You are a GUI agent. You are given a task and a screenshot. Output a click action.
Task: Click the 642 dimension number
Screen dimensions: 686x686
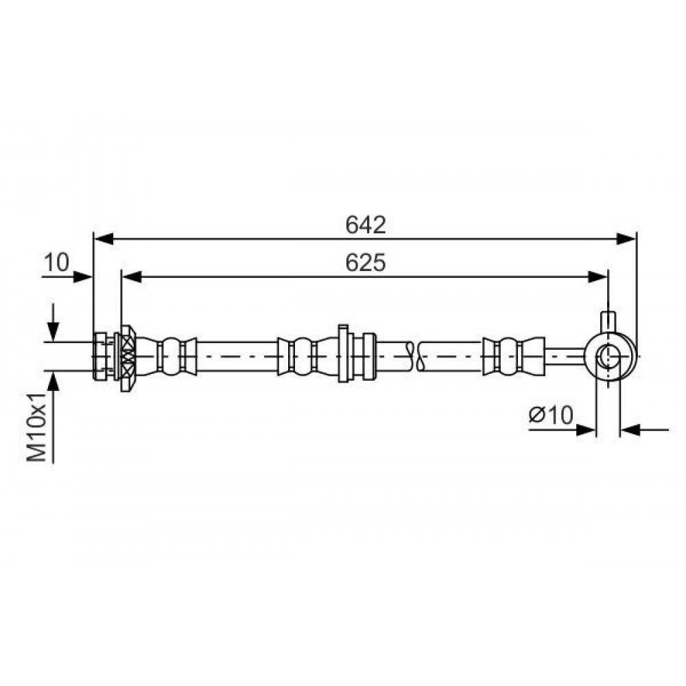pos(366,225)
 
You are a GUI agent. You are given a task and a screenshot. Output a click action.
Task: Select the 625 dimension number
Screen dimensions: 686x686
pos(366,263)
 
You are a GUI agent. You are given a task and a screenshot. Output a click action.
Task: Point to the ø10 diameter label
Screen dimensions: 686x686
pos(551,415)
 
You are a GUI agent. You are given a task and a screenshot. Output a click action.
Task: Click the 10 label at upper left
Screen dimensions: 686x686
pos(56,263)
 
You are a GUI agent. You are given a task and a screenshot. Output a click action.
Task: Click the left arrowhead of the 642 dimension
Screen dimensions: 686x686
pos(104,239)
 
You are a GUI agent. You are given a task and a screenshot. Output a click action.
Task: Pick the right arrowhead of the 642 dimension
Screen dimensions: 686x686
pos(626,239)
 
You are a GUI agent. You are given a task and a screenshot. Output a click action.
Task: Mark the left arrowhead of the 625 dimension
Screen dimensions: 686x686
pos(132,277)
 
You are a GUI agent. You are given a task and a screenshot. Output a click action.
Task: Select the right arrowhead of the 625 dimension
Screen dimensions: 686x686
pos(598,277)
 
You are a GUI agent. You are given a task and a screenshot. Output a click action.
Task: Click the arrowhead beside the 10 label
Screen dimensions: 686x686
pos(83,277)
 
